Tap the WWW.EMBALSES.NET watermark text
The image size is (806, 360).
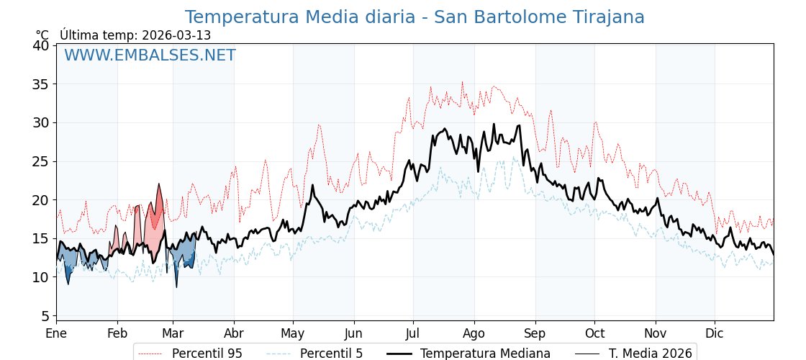click(150, 55)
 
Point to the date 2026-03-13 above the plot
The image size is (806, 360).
click(176, 35)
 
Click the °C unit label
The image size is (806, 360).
click(42, 35)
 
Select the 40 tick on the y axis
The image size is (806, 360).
click(41, 45)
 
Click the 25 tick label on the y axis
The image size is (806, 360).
click(41, 161)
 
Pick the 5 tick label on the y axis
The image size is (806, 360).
click(45, 316)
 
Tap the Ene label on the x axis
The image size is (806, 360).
click(56, 333)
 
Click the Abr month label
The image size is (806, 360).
click(234, 333)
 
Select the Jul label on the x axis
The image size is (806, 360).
click(413, 333)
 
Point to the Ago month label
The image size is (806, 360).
click(474, 333)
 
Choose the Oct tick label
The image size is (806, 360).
click(594, 333)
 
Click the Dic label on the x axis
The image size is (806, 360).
click(715, 333)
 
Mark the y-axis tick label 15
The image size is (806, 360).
click(41, 238)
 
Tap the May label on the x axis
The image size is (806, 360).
click(293, 333)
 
